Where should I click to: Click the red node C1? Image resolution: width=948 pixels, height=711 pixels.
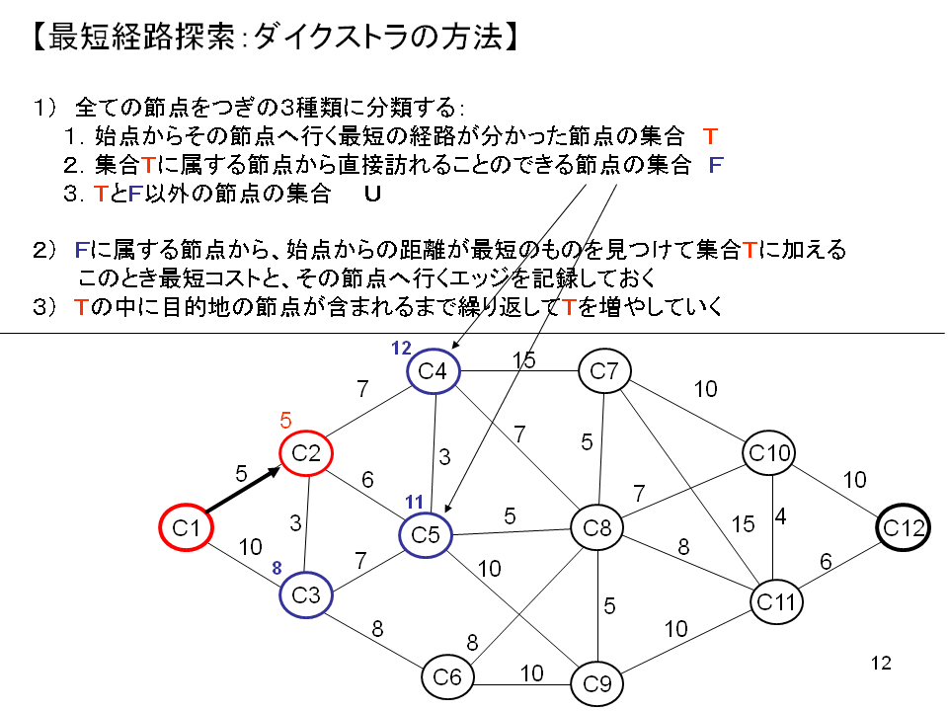(187, 528)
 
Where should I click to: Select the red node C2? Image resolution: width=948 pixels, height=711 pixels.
(306, 453)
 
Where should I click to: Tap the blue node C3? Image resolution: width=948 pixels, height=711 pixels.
(306, 595)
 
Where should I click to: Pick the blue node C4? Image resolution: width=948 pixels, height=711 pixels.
(433, 371)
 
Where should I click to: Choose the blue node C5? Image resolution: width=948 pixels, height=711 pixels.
(426, 535)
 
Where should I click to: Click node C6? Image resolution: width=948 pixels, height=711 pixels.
(447, 676)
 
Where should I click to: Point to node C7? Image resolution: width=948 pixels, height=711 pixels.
(604, 371)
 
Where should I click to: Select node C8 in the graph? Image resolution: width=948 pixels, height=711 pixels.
(597, 528)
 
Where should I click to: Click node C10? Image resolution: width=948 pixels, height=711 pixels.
(769, 453)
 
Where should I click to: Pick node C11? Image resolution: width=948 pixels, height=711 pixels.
(775, 600)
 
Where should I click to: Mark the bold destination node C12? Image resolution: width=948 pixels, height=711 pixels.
(904, 528)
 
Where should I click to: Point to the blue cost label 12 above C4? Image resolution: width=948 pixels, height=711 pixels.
(400, 348)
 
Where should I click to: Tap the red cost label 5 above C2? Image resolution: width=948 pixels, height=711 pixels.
(286, 419)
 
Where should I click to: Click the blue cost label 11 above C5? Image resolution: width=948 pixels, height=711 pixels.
(415, 502)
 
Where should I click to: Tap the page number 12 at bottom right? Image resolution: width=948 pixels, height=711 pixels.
(882, 663)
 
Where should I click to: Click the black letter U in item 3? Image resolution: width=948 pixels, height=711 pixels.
(372, 195)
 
